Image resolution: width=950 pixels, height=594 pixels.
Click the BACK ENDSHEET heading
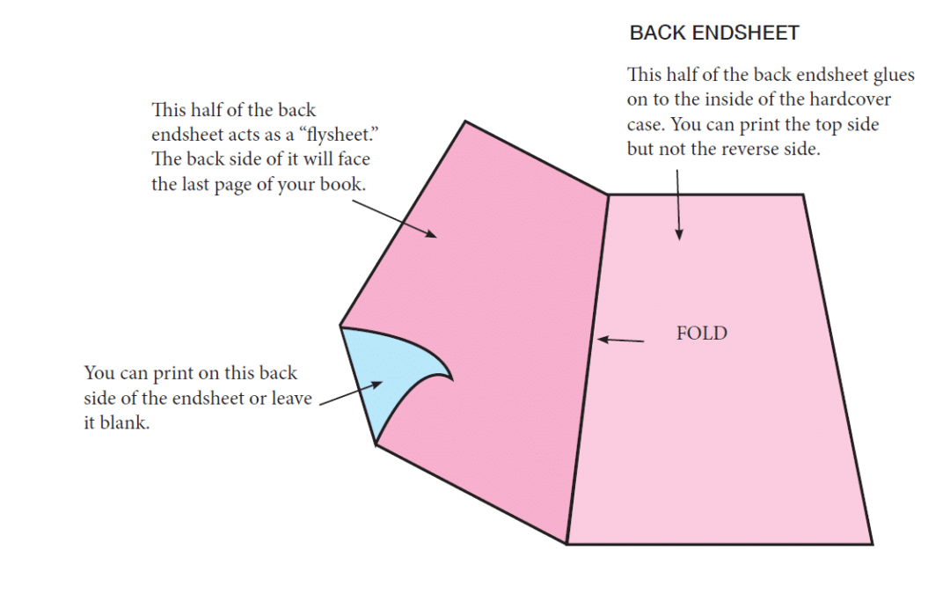[x=714, y=33]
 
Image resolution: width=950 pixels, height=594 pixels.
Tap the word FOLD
[x=702, y=334]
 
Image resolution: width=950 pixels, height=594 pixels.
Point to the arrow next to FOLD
[x=620, y=340]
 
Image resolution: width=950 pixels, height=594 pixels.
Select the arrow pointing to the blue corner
[x=351, y=393]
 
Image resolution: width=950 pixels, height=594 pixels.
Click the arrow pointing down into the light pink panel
[x=678, y=205]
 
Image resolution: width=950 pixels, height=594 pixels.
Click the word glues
[x=894, y=75]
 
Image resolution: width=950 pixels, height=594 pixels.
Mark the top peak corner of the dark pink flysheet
[x=465, y=121]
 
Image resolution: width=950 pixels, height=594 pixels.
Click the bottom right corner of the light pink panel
[x=873, y=544]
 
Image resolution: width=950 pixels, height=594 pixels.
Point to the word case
[x=647, y=125]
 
